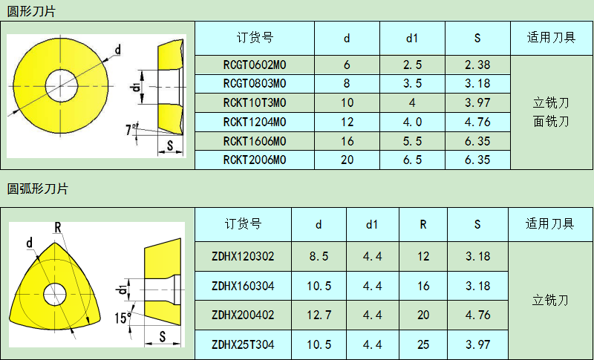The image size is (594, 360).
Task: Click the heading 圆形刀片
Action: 31,10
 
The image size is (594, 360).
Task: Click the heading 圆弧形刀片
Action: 37,189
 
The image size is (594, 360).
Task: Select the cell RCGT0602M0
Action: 254,65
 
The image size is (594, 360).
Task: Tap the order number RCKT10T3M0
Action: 254,102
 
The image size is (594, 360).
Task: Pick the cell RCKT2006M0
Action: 254,160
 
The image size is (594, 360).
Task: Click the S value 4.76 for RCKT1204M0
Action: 477,122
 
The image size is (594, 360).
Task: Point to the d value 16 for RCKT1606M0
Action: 347,141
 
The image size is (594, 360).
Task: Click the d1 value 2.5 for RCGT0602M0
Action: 412,65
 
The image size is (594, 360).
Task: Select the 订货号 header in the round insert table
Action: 254,38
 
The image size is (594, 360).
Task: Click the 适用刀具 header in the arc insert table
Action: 550,223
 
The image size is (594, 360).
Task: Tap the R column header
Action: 422,223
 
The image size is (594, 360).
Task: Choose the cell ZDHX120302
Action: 243,257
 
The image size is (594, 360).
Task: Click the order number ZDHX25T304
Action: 243,344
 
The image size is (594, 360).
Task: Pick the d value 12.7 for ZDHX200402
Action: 319,315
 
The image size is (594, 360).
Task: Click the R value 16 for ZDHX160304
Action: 422,286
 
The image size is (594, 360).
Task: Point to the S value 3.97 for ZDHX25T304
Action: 477,344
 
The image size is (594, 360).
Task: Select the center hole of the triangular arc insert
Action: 54,294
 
